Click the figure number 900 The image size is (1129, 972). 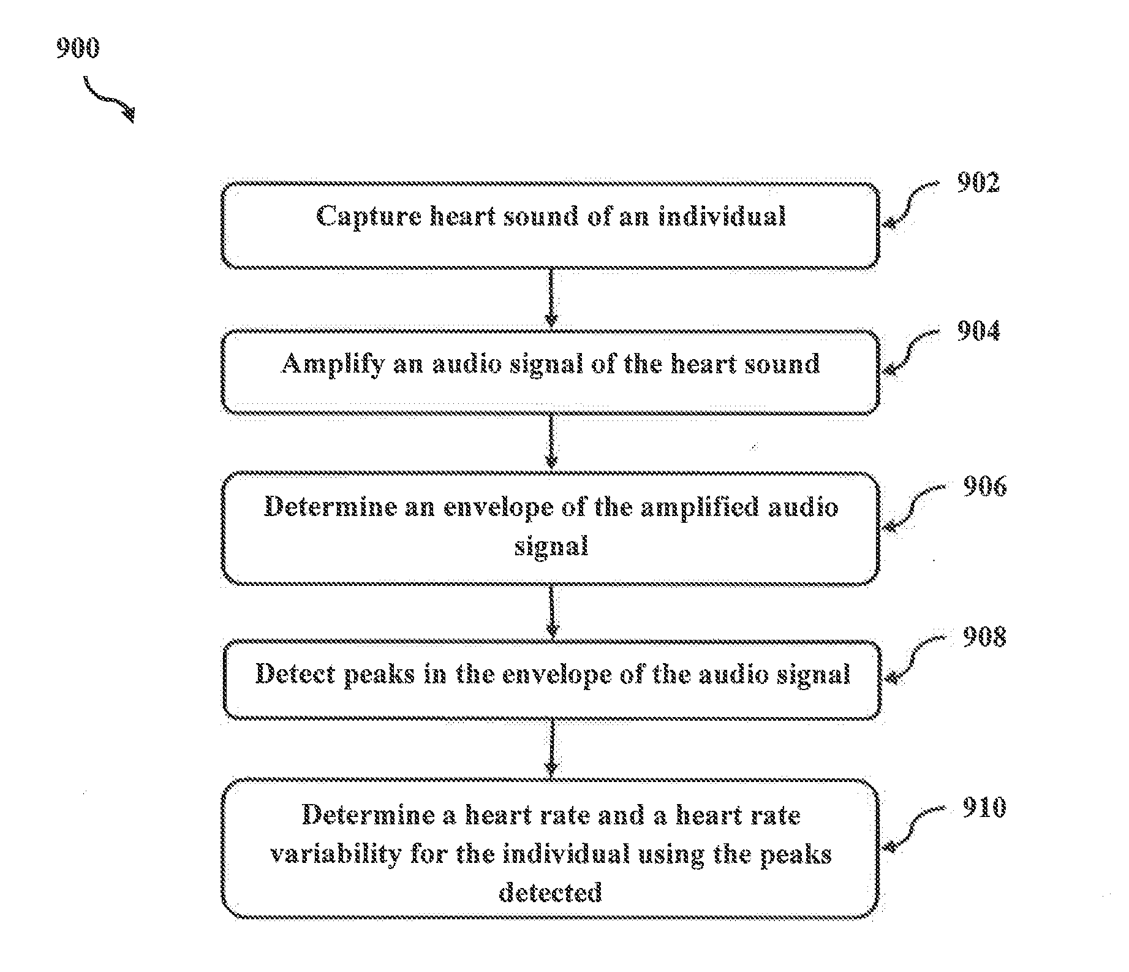coord(78,48)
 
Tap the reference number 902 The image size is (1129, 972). coord(978,183)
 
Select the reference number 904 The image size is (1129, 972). coord(978,331)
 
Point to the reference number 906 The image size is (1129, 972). coord(984,486)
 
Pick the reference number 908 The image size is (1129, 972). coord(984,637)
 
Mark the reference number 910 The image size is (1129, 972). coord(984,808)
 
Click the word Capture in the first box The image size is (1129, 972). coord(369,217)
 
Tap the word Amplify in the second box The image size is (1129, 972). coord(333,365)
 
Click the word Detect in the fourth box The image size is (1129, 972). coord(295,674)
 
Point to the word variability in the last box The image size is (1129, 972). coord(336,854)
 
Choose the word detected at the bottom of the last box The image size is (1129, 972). coord(550,892)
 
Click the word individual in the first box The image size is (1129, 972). coord(722,216)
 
